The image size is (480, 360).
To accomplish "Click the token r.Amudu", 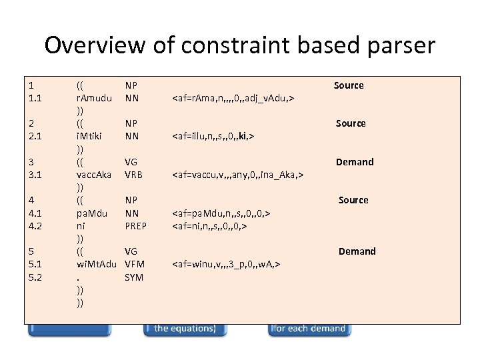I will click(94, 98).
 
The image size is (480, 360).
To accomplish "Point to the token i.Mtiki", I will click(89, 136).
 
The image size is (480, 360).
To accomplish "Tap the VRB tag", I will click(135, 175).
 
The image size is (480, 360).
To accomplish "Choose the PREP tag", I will click(136, 226).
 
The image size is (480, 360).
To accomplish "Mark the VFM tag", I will click(135, 264).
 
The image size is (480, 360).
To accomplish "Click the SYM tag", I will click(134, 277).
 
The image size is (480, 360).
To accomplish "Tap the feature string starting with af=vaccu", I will click(238, 175).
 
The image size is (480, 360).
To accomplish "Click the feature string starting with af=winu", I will click(226, 264).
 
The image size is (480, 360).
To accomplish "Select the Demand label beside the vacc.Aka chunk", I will click(355, 162).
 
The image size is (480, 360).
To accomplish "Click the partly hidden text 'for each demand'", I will click(309, 328).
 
